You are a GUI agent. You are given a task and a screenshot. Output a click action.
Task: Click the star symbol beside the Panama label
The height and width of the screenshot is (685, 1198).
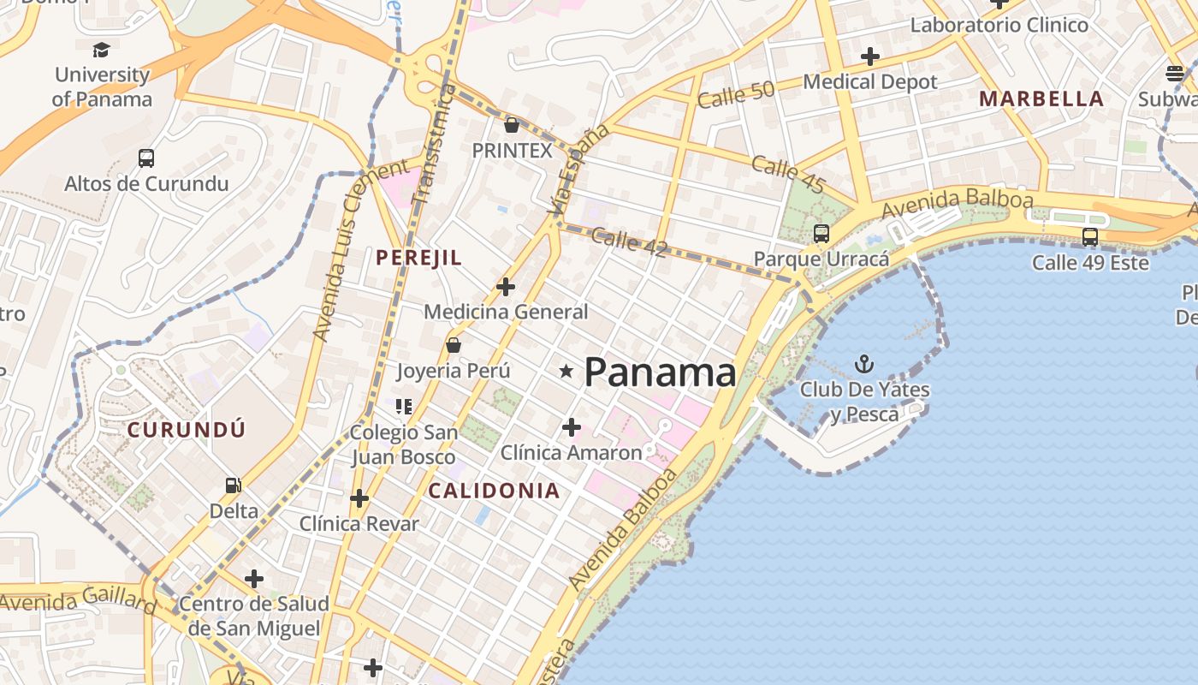566,371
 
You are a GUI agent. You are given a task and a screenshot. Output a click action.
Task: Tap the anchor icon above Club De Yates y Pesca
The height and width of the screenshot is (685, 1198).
864,365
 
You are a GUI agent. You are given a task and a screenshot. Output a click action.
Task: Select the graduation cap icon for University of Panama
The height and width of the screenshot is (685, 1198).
102,50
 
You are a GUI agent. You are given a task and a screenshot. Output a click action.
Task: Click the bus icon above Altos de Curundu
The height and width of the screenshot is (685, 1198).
146,158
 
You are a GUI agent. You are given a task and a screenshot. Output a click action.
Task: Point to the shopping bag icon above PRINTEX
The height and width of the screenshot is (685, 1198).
512,125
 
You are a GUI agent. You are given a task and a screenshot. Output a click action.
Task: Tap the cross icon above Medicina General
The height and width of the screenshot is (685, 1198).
506,287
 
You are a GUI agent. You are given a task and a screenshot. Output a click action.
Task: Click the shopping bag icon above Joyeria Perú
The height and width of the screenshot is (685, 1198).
454,345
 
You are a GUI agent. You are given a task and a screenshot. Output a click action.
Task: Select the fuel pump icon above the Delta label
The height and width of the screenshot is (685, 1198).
233,485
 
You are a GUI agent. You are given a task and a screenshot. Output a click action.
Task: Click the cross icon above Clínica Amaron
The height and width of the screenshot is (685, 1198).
572,426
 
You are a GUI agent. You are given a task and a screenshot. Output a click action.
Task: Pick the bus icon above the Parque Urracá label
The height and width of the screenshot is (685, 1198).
821,233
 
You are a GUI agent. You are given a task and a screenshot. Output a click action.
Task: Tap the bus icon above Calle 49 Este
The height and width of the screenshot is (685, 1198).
1090,236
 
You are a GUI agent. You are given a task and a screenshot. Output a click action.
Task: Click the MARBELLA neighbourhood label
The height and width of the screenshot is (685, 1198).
1041,98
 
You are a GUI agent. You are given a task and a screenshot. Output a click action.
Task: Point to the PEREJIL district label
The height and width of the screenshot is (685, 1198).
419,257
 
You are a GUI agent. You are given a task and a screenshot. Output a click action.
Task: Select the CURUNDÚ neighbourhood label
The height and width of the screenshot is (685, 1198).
187,430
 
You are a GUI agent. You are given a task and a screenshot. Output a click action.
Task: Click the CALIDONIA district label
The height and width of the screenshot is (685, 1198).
494,491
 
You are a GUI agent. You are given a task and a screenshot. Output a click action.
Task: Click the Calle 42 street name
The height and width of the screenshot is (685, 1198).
629,242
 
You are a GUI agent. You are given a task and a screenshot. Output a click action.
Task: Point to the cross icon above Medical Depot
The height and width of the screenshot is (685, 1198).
870,57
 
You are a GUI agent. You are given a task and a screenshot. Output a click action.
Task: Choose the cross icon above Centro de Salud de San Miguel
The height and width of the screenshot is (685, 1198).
254,579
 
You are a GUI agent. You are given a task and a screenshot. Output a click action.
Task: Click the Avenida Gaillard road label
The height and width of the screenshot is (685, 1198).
77,600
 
